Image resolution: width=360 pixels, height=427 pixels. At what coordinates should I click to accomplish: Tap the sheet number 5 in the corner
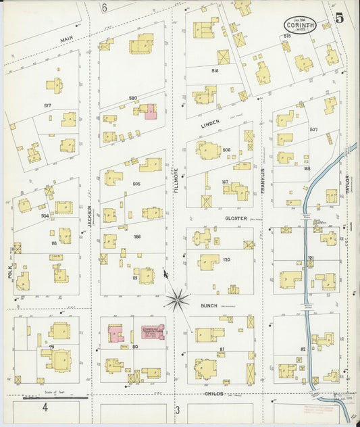click(x=338, y=18)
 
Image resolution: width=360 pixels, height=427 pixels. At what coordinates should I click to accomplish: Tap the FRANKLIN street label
click(x=263, y=180)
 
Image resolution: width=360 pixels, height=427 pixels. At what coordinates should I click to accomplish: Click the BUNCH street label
click(x=208, y=305)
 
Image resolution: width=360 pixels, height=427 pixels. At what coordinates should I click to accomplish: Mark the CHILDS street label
click(x=213, y=393)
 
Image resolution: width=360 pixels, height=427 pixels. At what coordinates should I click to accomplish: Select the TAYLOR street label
click(x=348, y=185)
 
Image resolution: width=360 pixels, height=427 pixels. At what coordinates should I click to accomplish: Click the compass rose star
click(x=178, y=297)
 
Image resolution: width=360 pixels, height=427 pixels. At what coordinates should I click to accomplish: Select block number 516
click(x=215, y=70)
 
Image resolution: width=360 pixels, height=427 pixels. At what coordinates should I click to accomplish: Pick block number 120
click(x=226, y=259)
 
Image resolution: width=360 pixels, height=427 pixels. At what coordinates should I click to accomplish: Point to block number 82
click(x=303, y=349)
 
